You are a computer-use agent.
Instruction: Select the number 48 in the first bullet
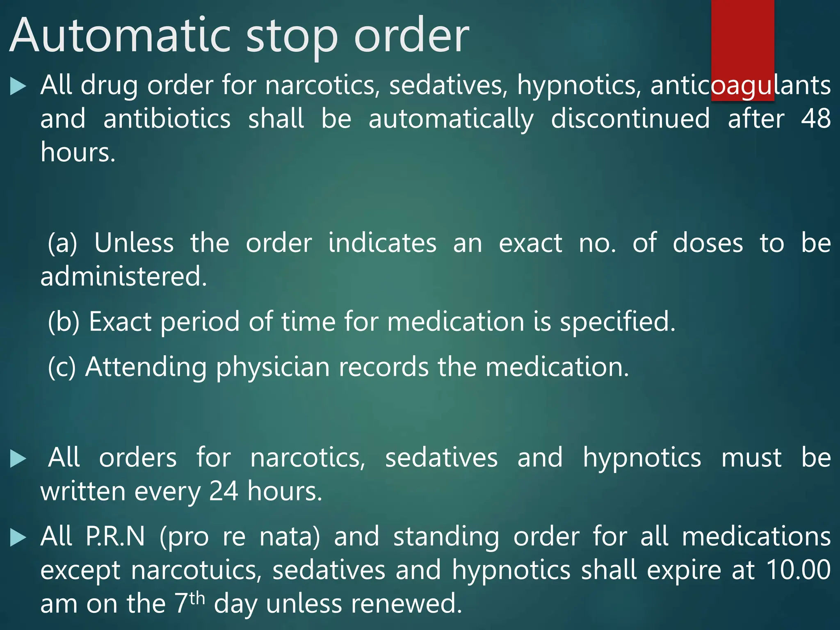click(816, 119)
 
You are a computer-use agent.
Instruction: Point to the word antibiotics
click(167, 119)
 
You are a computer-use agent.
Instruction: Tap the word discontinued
click(630, 119)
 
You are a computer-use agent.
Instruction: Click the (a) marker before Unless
click(62, 243)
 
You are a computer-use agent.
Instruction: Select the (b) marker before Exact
click(64, 322)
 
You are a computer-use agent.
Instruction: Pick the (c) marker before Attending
click(62, 367)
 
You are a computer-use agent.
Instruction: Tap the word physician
click(273, 367)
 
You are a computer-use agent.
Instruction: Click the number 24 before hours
click(224, 491)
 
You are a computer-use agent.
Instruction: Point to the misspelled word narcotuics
click(196, 570)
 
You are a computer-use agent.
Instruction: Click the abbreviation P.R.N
click(115, 536)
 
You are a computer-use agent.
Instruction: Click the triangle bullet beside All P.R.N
click(18, 537)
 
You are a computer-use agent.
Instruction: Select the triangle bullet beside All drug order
click(18, 86)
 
